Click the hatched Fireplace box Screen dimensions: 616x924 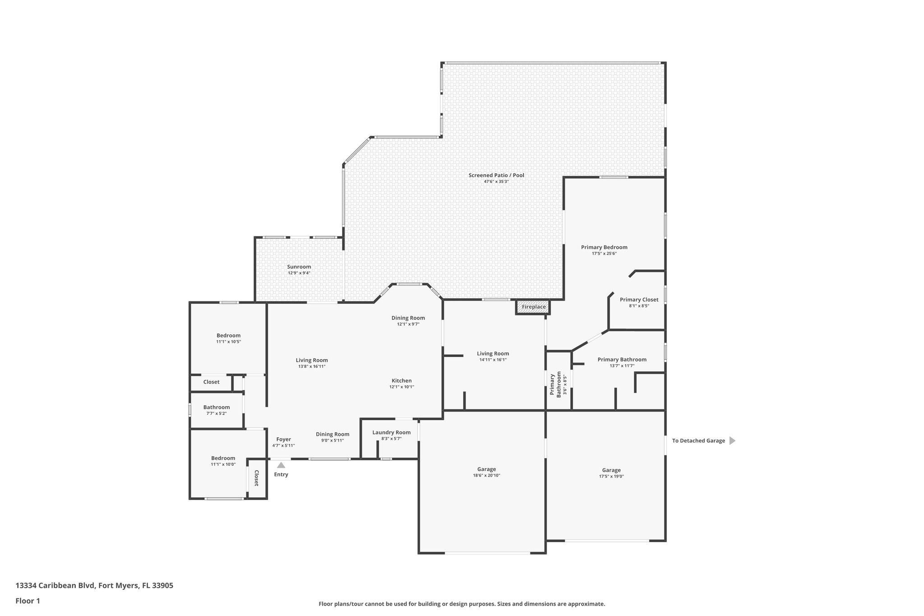[x=533, y=307]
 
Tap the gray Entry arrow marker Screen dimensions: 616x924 [x=281, y=465]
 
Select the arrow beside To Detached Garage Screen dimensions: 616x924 [x=732, y=441]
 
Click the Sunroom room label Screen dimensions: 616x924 [x=299, y=267]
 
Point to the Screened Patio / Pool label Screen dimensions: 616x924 [x=496, y=175]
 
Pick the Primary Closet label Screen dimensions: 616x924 [x=639, y=300]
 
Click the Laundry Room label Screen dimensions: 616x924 [x=391, y=432]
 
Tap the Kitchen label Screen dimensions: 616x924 [x=402, y=380]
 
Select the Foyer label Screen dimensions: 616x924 [x=283, y=439]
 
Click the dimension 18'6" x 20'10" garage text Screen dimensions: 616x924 [x=486, y=476]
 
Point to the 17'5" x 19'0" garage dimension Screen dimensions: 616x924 [x=611, y=476]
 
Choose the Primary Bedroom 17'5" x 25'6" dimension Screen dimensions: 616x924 [x=604, y=254]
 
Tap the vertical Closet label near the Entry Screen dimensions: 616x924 [x=256, y=478]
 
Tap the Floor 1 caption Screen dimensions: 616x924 [x=28, y=601]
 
